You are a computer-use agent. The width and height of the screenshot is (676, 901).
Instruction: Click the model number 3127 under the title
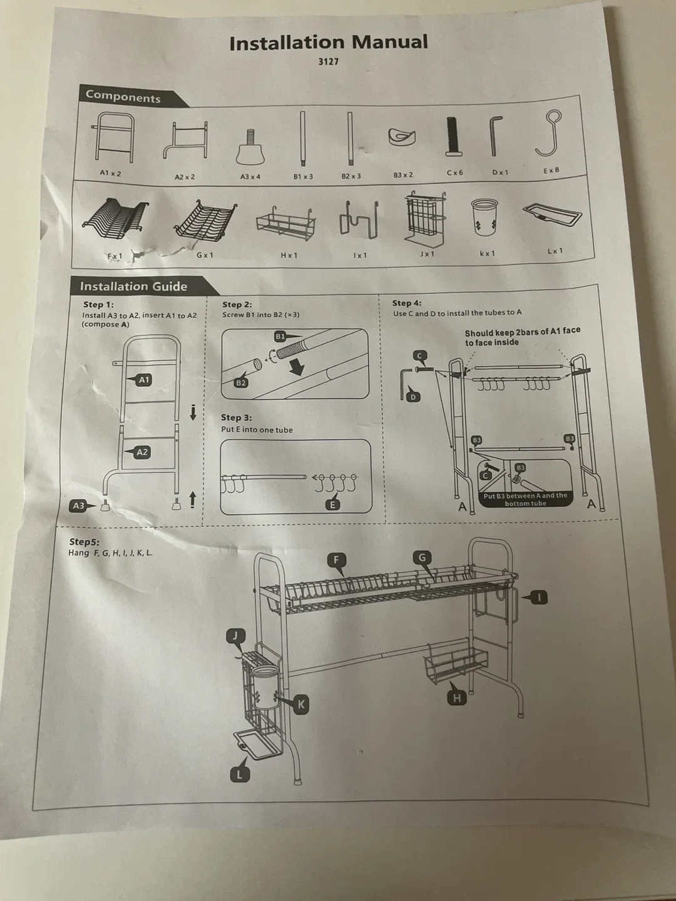point(328,61)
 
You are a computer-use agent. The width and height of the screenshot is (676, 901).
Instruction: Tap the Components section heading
point(123,96)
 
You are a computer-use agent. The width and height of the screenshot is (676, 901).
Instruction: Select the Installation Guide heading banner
point(133,287)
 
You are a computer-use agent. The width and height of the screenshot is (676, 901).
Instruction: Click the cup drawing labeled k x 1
point(485,217)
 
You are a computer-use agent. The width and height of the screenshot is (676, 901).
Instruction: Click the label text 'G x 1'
point(205,255)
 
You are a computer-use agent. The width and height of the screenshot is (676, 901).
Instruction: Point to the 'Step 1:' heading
point(98,304)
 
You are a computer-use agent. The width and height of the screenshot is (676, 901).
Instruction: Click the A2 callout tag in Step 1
point(142,452)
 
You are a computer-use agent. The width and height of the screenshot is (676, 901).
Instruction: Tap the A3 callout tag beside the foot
point(78,506)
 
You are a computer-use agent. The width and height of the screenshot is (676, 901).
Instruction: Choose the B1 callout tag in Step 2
point(280,337)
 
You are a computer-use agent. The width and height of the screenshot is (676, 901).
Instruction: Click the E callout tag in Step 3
point(333,504)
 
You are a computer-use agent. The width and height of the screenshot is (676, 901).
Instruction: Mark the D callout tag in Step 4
point(412,397)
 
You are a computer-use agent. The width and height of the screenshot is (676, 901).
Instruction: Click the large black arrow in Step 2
point(295,366)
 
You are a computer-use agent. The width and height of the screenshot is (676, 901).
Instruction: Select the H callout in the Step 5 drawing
point(456,698)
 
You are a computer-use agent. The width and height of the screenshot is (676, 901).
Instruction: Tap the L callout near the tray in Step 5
point(239,775)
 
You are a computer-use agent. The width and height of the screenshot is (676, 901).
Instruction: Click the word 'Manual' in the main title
point(389,42)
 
